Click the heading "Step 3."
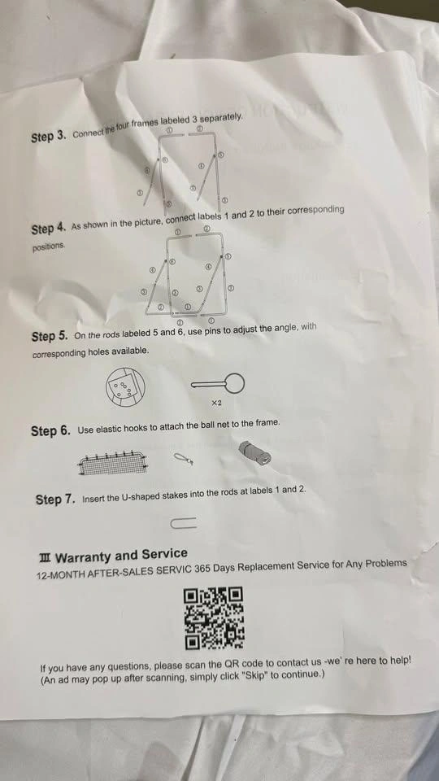tap(49, 137)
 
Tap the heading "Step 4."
tap(48, 229)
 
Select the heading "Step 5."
tap(50, 336)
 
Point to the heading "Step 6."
tap(50, 431)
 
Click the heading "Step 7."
tap(56, 499)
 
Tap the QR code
tap(215, 618)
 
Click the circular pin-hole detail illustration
tap(125, 386)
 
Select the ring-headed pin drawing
tap(218, 383)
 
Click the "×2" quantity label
tap(215, 404)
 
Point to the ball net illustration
tap(114, 462)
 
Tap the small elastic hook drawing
tap(183, 459)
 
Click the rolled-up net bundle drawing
tap(255, 453)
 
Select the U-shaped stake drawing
tap(183, 523)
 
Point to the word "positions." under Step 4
tap(49, 247)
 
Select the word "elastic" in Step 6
tap(109, 429)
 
